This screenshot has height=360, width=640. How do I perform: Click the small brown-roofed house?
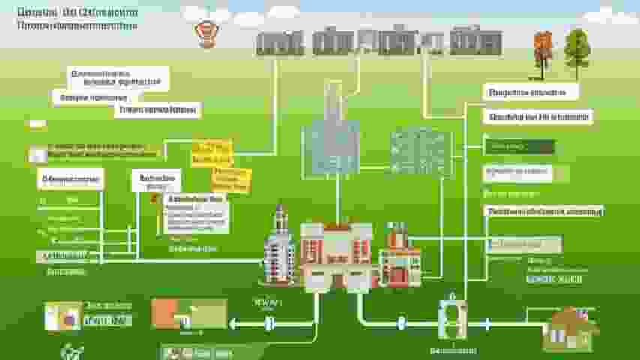pyautogui.click(x=570, y=328)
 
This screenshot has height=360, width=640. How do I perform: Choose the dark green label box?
pyautogui.click(x=519, y=147)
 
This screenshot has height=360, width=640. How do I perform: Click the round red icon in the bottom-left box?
pyautogui.click(x=69, y=318)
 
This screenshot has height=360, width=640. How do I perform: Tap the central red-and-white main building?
pyautogui.click(x=336, y=255)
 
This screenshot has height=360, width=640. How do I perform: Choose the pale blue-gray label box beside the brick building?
pyautogui.click(x=524, y=244)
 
